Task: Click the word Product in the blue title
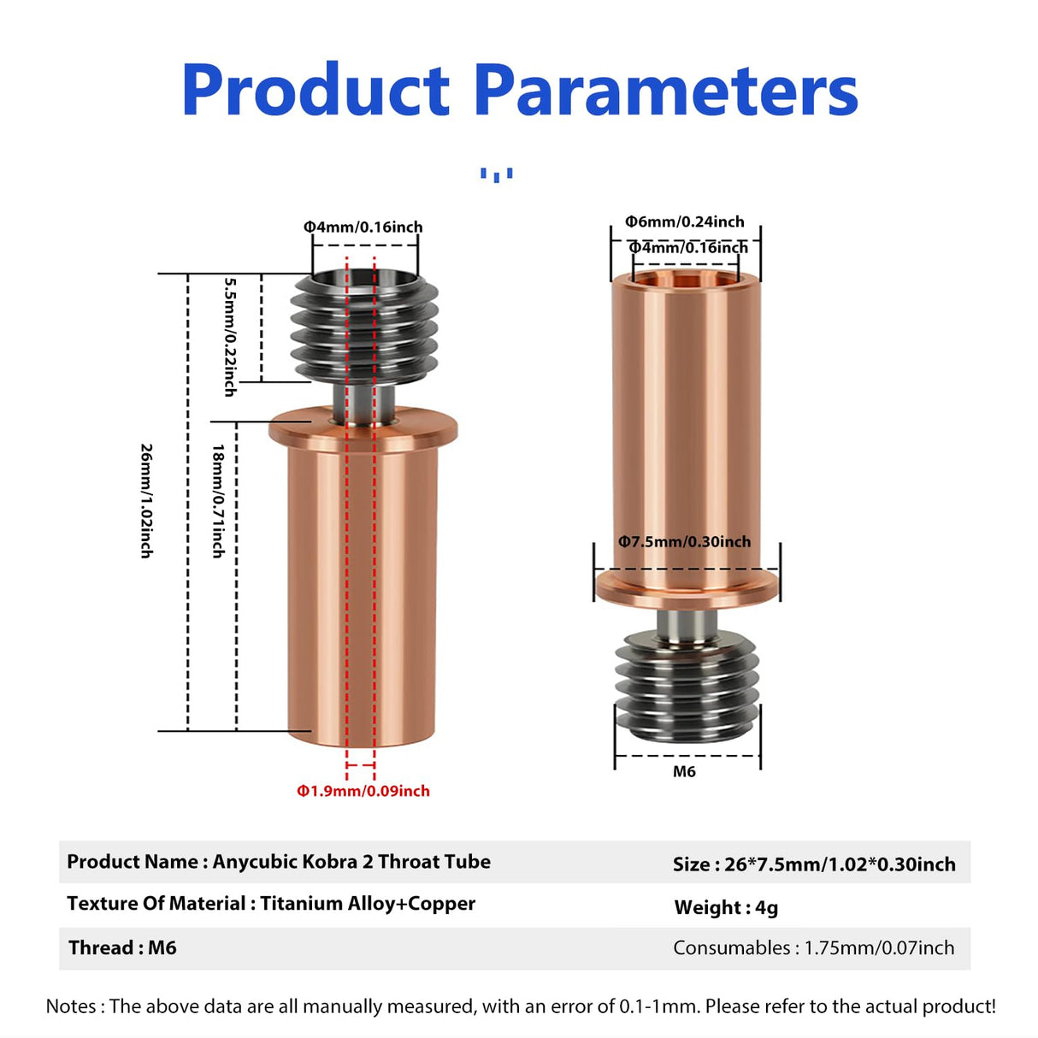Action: [x=316, y=91]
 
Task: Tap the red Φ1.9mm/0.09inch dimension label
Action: [x=363, y=791]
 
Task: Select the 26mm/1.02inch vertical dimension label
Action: [x=147, y=501]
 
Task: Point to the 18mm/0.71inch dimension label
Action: [x=219, y=501]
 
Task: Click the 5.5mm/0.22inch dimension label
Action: [x=230, y=336]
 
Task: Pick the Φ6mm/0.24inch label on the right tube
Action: [x=684, y=221]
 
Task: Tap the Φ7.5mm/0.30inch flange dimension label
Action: [x=684, y=541]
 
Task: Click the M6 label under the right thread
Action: [x=684, y=771]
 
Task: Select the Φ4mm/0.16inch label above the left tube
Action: [x=363, y=227]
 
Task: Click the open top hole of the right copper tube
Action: [x=685, y=279]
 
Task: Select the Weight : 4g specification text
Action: [x=726, y=907]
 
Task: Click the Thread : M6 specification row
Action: [x=122, y=947]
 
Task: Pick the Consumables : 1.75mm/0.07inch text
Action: [x=813, y=947]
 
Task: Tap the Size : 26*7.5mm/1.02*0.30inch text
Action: [x=813, y=864]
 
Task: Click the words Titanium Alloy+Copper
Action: [x=368, y=904]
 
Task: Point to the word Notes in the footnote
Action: [x=71, y=1006]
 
